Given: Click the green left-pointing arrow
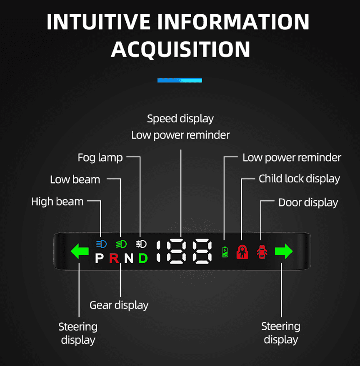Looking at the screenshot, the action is (x=80, y=251).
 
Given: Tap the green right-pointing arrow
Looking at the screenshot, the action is (x=284, y=251).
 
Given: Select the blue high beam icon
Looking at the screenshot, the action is (x=101, y=244).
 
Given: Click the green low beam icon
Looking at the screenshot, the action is (x=121, y=244).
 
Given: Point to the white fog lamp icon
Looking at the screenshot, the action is (x=141, y=244).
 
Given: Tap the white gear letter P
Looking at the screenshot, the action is (x=99, y=258).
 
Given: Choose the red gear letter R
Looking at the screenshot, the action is (x=114, y=258).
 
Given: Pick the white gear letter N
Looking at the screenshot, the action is (x=129, y=258).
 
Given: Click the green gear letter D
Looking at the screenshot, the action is (x=143, y=258).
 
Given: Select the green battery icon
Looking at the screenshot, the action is (x=225, y=252).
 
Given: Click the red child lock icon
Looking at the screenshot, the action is (x=242, y=251).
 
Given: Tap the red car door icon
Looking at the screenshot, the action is (x=262, y=252).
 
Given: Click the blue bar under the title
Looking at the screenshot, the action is (x=180, y=80).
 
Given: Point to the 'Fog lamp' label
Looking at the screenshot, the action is (x=100, y=157).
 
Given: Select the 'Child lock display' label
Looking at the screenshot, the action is (x=299, y=179).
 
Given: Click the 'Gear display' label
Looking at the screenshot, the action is (x=119, y=305).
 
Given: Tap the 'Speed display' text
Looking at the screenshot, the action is (x=180, y=119).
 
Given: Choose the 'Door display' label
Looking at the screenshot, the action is (x=308, y=203).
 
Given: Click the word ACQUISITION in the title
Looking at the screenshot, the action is (x=180, y=49).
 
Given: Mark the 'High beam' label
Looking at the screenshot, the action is (x=57, y=202).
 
